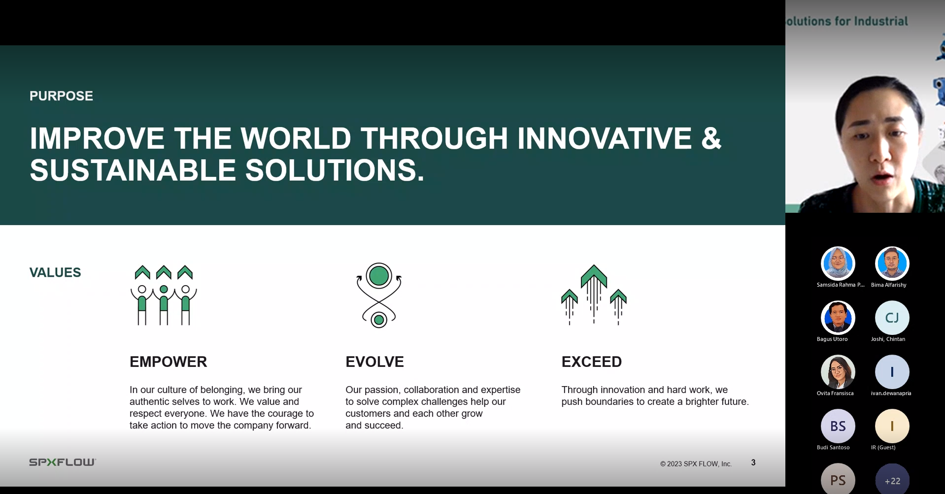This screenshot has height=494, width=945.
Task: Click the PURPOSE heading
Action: tap(61, 96)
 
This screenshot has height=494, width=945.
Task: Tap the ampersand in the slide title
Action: tap(711, 138)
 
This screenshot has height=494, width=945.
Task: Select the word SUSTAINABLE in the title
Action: tap(133, 170)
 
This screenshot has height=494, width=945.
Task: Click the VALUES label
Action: tap(55, 272)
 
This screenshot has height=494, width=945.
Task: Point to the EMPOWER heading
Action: tap(168, 362)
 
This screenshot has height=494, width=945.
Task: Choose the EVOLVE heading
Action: tap(374, 362)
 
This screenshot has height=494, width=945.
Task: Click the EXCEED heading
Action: tap(591, 362)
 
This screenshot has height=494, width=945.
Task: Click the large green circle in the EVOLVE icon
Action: tap(379, 276)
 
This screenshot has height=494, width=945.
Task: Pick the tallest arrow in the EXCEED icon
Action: tap(594, 293)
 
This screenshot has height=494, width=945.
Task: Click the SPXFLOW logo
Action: tap(63, 462)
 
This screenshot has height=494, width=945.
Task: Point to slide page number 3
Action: tap(753, 462)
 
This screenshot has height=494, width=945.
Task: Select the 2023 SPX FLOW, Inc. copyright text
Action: tap(696, 464)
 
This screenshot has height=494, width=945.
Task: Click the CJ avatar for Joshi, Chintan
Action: tap(892, 318)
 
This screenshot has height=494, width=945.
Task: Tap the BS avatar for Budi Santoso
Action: tap(838, 426)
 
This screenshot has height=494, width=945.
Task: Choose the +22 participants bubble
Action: tap(892, 479)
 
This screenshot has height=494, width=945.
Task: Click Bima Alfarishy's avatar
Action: tap(892, 263)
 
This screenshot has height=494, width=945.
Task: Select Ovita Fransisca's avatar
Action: tap(838, 372)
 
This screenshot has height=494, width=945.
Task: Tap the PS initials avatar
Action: tap(838, 479)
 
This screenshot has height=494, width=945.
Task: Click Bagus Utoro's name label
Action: tap(832, 339)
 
